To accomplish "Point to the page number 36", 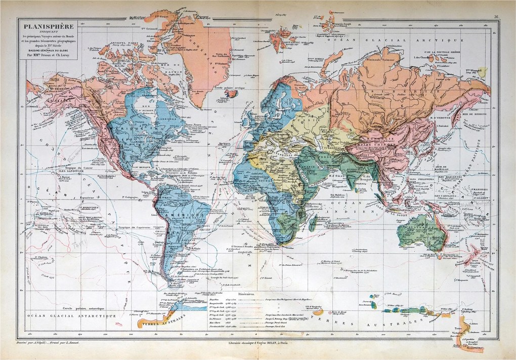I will pos(497,17).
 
